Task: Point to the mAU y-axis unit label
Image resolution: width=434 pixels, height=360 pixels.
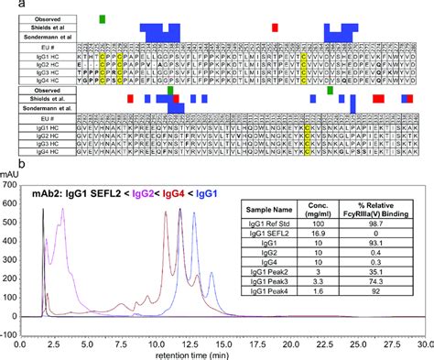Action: coord(11,171)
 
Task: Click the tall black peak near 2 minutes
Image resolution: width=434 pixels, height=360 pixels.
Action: coord(43,211)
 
